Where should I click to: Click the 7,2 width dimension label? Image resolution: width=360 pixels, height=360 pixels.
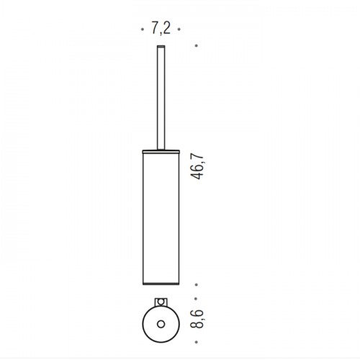coord(161,28)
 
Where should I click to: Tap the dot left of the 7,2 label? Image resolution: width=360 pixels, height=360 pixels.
coord(143,30)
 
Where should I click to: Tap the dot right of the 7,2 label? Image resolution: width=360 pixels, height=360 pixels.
coord(179,30)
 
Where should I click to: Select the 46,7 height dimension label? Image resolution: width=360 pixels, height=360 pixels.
coord(197,167)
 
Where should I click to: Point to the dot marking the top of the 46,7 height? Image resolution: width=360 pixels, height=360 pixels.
coord(197,45)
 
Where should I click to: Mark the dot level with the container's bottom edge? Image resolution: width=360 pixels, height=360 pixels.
coord(197,284)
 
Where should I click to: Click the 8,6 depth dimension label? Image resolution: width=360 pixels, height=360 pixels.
coord(197,319)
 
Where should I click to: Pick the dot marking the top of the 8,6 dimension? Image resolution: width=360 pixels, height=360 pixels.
coord(196,299)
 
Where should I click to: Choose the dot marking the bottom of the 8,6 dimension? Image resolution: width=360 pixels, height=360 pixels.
coord(197,342)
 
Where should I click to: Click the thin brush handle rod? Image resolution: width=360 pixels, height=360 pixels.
coord(161,98)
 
